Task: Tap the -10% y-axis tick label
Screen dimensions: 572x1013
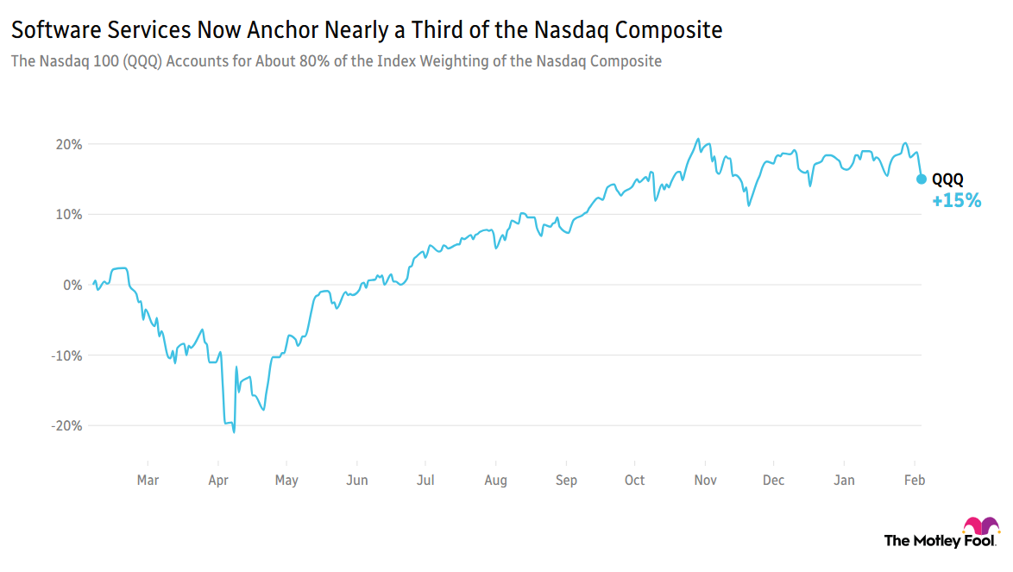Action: pyautogui.click(x=69, y=355)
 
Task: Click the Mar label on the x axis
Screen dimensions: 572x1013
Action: pyautogui.click(x=148, y=481)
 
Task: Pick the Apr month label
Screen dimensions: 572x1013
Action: pyautogui.click(x=218, y=481)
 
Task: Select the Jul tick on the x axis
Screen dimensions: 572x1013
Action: pyautogui.click(x=425, y=481)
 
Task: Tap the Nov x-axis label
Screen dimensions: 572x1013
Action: pyautogui.click(x=706, y=481)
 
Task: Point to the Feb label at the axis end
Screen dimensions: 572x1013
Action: pyautogui.click(x=915, y=481)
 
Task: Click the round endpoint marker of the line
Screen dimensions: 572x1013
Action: pyautogui.click(x=922, y=179)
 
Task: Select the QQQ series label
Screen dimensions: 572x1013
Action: pyautogui.click(x=947, y=179)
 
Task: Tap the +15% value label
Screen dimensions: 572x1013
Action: pyautogui.click(x=956, y=201)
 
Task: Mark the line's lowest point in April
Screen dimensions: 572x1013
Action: pyautogui.click(x=234, y=431)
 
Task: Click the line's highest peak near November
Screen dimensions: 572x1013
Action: pyautogui.click(x=697, y=139)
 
